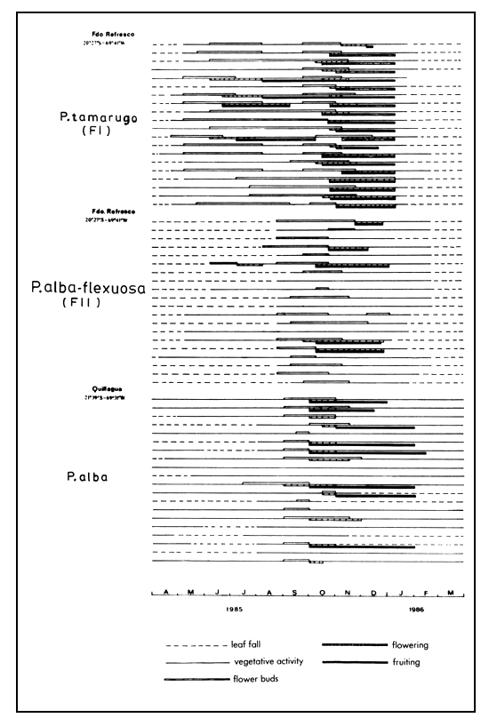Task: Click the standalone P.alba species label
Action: pyautogui.click(x=87, y=477)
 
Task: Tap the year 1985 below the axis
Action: pyautogui.click(x=234, y=610)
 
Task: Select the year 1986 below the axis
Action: pyautogui.click(x=417, y=610)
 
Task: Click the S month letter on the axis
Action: pyautogui.click(x=295, y=593)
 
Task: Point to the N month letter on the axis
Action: pyautogui.click(x=348, y=593)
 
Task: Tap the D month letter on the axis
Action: pyautogui.click(x=373, y=593)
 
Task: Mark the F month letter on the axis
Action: pyautogui.click(x=426, y=593)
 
